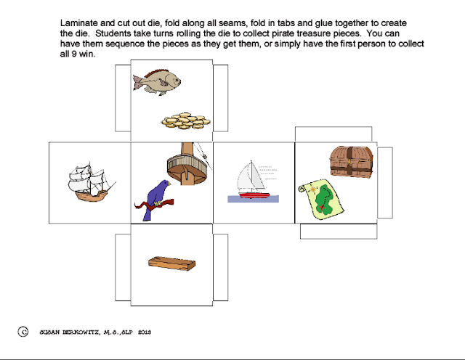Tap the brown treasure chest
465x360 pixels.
pos(352,160)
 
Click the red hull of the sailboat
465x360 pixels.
pos(254,195)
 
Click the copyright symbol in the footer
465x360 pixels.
pos(23,332)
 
